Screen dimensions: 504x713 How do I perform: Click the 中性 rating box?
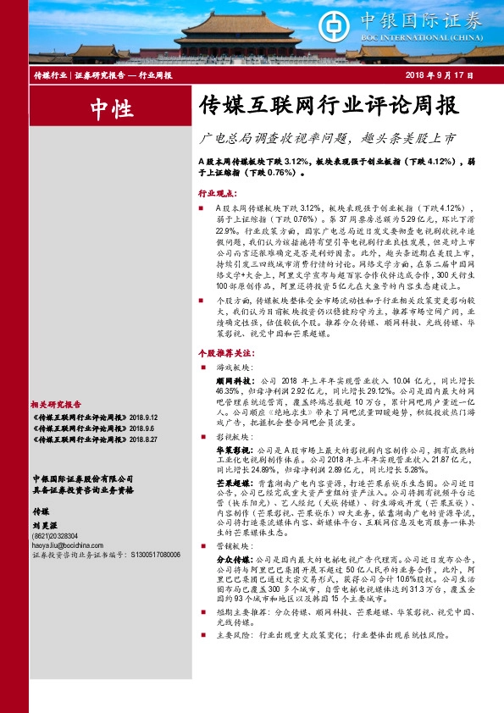click(x=111, y=108)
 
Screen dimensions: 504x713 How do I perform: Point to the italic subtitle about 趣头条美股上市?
click(x=326, y=137)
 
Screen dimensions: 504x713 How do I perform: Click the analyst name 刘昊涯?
click(x=44, y=524)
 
